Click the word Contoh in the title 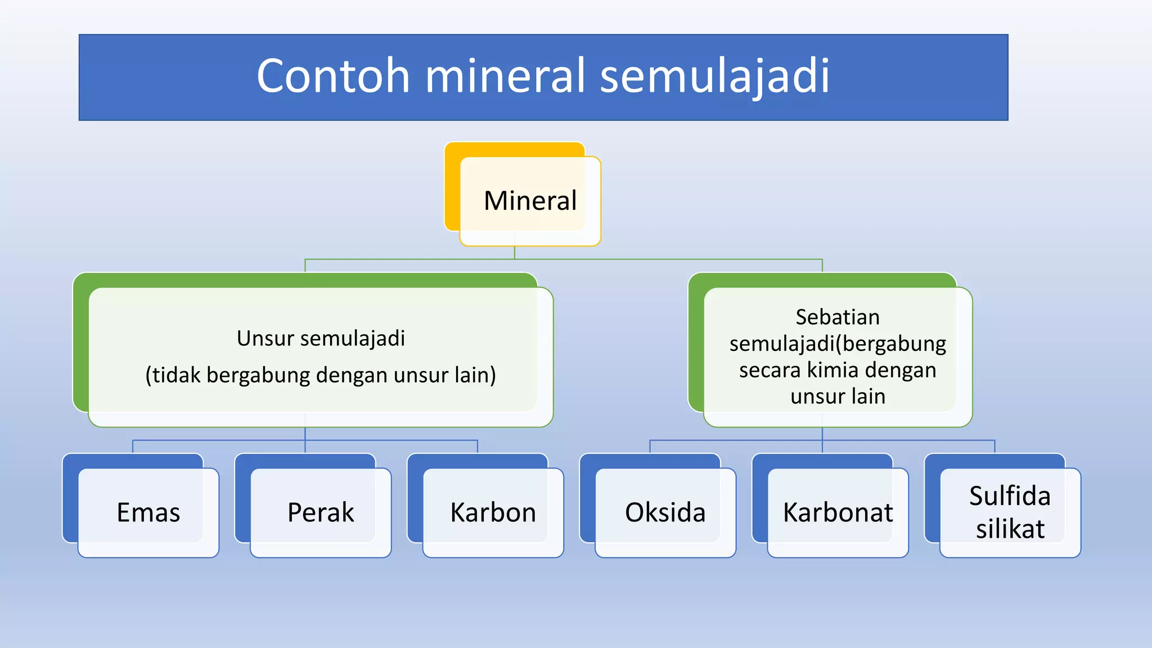click(x=333, y=76)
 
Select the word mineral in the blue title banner click(x=505, y=76)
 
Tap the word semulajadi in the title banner click(x=714, y=76)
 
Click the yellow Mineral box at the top click(x=530, y=201)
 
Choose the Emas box click(x=148, y=512)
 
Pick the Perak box click(x=321, y=512)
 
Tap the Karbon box click(x=493, y=512)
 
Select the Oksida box click(x=665, y=512)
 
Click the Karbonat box click(x=838, y=512)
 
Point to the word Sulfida click(x=1010, y=496)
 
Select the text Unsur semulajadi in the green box click(x=321, y=339)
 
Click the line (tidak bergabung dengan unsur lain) click(x=321, y=375)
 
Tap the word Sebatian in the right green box click(x=838, y=317)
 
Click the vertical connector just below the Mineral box click(x=515, y=253)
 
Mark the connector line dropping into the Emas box click(x=133, y=447)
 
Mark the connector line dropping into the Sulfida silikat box click(x=994, y=447)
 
